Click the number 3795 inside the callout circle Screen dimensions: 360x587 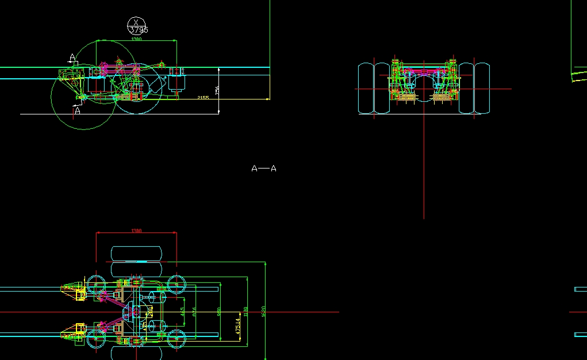(x=138, y=30)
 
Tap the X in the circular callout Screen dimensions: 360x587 (x=136, y=22)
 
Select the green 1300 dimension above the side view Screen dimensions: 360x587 (x=136, y=40)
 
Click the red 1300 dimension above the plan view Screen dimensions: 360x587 (x=136, y=231)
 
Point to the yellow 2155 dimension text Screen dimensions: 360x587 (x=203, y=98)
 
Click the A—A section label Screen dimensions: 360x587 (x=264, y=168)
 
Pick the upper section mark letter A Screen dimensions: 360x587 (x=72, y=57)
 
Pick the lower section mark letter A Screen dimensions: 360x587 (x=78, y=110)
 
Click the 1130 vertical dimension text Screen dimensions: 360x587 (x=246, y=311)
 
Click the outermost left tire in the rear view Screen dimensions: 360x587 (x=366, y=88)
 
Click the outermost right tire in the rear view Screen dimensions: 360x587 (x=482, y=88)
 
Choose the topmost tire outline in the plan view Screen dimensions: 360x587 (x=137, y=253)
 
